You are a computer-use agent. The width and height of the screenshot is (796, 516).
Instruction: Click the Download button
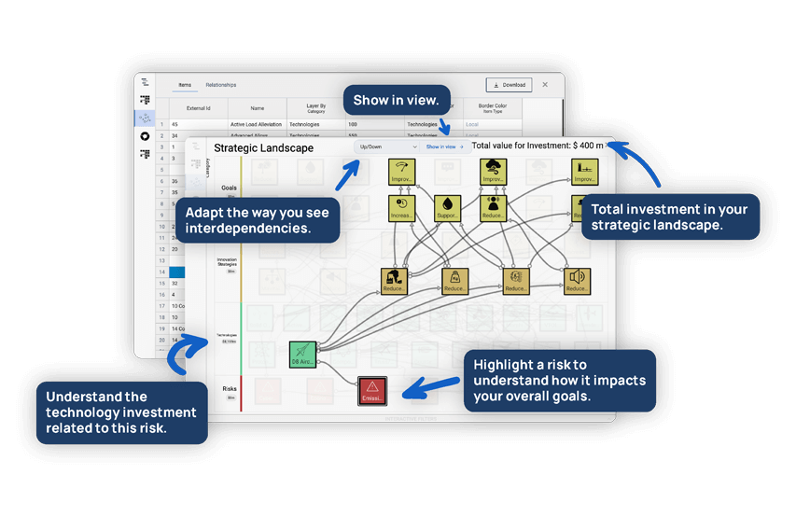coord(509,85)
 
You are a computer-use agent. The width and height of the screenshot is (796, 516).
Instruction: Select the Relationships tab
coord(221,85)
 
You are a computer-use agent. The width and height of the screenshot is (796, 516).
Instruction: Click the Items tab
coord(185,85)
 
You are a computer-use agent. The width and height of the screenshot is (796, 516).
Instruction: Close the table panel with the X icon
coord(545,85)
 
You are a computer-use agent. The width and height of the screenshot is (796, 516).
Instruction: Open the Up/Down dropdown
coord(386,146)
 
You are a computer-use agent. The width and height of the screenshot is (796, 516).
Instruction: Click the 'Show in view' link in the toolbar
coord(444,146)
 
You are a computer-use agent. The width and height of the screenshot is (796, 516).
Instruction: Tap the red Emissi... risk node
coord(372,391)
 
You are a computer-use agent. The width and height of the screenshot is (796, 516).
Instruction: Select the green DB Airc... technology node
coord(303,355)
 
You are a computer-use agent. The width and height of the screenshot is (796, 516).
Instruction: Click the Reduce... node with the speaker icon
coord(577,281)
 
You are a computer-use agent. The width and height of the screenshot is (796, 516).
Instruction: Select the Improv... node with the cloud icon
coord(494,173)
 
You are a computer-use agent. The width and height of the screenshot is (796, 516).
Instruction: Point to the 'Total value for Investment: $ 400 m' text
coord(538,146)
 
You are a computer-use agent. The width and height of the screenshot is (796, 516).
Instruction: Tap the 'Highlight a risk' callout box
coord(559,380)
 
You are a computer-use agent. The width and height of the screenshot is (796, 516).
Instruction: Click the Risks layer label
coord(229,389)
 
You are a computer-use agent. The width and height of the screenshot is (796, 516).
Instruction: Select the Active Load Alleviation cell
coord(256,124)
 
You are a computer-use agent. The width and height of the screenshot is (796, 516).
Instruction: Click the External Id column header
coord(198,108)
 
